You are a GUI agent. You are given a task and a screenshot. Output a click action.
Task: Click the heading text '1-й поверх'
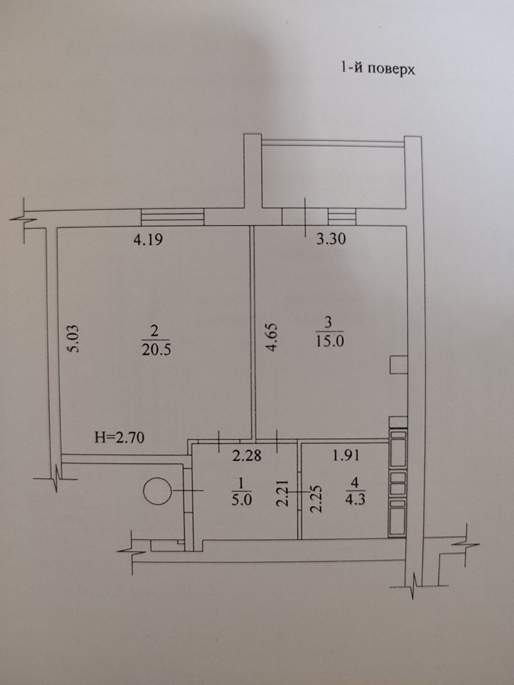[x=377, y=68]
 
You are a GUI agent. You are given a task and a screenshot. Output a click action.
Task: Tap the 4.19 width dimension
[x=148, y=240]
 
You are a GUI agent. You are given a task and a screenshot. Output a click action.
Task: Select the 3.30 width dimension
[x=331, y=239]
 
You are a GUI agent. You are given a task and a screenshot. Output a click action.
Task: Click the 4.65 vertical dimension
[x=273, y=338]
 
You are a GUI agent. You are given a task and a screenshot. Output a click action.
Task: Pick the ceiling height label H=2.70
[x=119, y=438]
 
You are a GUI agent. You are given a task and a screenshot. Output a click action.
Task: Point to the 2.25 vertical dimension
[x=316, y=498]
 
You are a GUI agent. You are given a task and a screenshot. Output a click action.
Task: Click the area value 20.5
[x=156, y=349]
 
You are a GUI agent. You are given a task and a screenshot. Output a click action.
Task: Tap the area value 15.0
[x=330, y=341]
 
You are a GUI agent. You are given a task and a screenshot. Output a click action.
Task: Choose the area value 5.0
[x=242, y=500]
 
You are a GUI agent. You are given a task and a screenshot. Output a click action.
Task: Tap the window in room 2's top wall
[x=172, y=217]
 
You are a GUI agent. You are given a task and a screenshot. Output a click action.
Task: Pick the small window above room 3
[x=342, y=217]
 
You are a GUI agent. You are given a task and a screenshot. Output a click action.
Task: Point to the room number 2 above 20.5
[x=155, y=331]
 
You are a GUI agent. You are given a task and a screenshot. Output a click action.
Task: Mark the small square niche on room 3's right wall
[x=398, y=364]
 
